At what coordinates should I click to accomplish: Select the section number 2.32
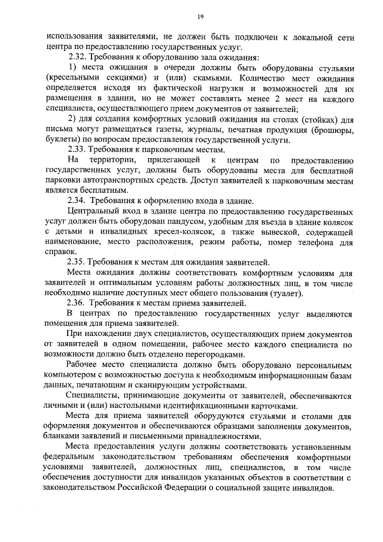pyautogui.click(x=76, y=57)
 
